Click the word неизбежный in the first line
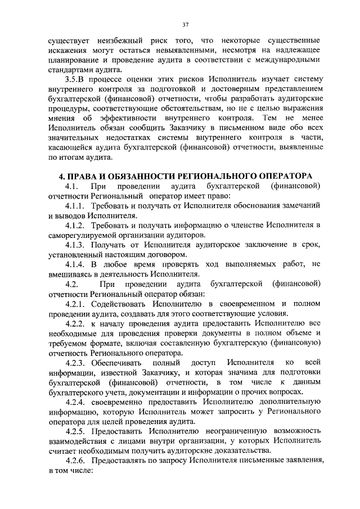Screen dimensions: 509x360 pyautogui.click(x=107, y=42)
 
